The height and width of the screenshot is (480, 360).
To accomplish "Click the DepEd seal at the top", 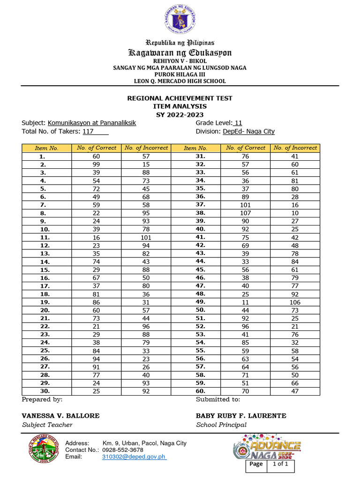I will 180,19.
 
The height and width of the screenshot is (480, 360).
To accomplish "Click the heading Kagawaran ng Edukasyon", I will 180,52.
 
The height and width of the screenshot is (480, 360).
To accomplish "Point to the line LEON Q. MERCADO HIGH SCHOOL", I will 180,81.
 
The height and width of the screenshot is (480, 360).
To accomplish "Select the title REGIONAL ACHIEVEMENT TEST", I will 180,98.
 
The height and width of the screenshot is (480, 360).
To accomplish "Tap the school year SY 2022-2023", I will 180,114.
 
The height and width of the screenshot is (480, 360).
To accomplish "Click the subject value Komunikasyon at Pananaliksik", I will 92,123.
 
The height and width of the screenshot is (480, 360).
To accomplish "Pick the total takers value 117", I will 88,132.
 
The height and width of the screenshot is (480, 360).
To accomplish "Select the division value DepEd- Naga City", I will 248,132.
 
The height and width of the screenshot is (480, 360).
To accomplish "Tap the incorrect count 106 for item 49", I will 295,302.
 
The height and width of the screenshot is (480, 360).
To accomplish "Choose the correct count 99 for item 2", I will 96,165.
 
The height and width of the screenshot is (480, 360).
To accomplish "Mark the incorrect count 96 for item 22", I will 145,326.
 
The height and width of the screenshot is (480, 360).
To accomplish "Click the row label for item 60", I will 201,391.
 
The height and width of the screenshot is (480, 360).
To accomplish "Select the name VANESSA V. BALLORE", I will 60,416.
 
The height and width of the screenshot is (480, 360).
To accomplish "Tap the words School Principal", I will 221,425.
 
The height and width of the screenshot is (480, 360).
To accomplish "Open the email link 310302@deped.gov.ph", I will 134,457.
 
